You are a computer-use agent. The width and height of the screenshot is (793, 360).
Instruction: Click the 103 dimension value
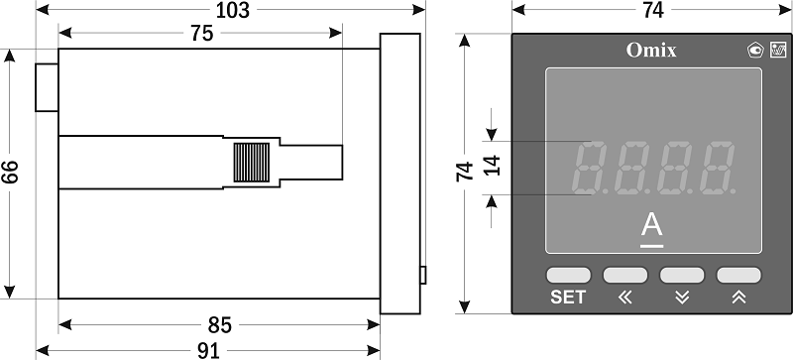[x=233, y=10]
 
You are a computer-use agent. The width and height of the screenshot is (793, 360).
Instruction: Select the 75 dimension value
[x=202, y=34]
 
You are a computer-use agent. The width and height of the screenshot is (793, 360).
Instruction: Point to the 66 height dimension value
[x=10, y=173]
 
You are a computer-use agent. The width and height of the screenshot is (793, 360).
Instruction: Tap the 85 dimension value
[x=219, y=325]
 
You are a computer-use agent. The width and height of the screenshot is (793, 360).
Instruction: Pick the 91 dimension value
[x=208, y=350]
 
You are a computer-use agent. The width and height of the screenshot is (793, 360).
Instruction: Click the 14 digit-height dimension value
[x=492, y=166]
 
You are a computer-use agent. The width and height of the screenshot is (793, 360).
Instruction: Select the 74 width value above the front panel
[x=653, y=10]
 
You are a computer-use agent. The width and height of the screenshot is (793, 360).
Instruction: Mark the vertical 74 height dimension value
[x=464, y=172]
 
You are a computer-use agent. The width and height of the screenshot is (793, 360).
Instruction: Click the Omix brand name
[x=651, y=51]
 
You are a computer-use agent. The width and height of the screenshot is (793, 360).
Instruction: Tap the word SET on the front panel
[x=568, y=298]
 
